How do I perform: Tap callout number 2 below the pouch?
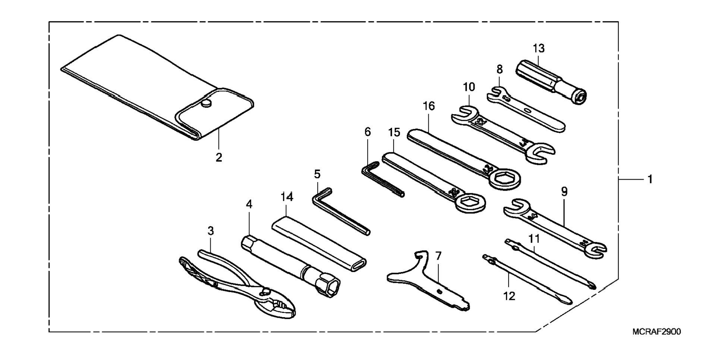point(219,158)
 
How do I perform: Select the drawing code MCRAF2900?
point(657,332)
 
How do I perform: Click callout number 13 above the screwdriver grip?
point(538,48)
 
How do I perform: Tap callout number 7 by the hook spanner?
point(438,256)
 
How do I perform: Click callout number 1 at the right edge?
point(650,179)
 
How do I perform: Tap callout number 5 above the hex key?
point(317,174)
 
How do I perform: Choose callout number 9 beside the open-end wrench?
point(564,192)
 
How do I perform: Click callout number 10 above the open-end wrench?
point(469,87)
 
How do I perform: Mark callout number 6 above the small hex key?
point(368,132)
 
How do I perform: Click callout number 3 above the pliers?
point(211,231)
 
